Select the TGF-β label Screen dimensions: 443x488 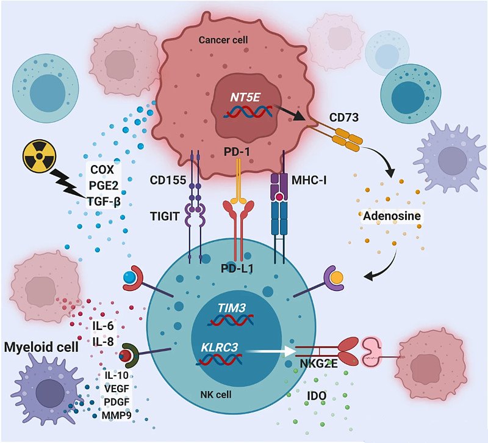pos(99,198)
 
